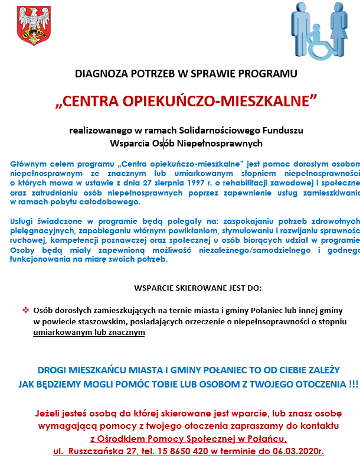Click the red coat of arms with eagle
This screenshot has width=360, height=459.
pos(28,26)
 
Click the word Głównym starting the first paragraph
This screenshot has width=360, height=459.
pos(27,162)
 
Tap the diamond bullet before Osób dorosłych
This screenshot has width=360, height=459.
pos(25,310)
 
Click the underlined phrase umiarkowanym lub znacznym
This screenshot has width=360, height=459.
pos(89,332)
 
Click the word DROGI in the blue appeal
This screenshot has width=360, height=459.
pos(51,370)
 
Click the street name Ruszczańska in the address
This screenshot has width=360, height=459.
pos(102,451)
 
